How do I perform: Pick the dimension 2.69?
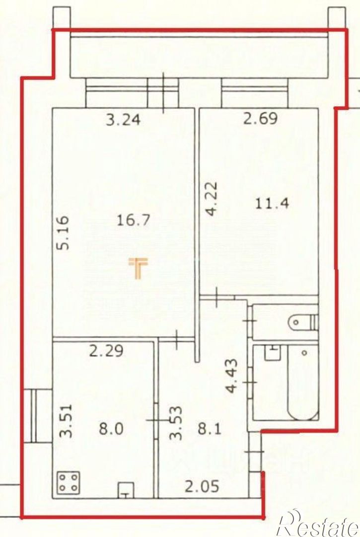(259, 119)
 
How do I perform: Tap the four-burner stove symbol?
(69, 482)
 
